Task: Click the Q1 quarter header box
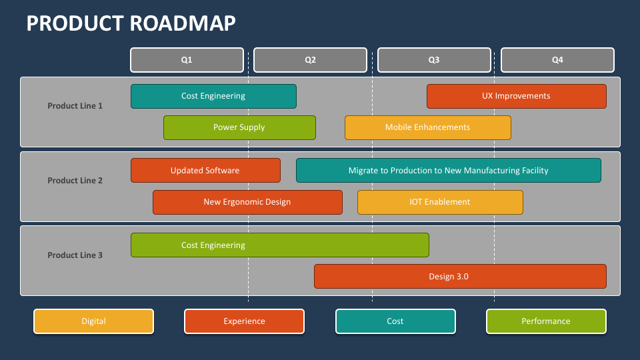187,60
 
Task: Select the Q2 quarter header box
310,60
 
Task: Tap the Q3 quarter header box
434,60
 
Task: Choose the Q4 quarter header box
557,60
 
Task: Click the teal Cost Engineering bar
213,96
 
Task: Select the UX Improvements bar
516,96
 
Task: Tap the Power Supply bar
239,127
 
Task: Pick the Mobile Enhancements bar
427,127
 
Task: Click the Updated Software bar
205,170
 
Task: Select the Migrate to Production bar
448,170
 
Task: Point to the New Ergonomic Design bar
247,202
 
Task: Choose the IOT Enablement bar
440,202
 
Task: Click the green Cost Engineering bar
279,245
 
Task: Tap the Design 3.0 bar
460,276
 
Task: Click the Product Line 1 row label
75,105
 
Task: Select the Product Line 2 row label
75,180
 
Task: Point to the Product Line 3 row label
75,255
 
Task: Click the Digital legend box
93,321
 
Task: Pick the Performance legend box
546,321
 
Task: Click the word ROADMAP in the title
183,23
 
